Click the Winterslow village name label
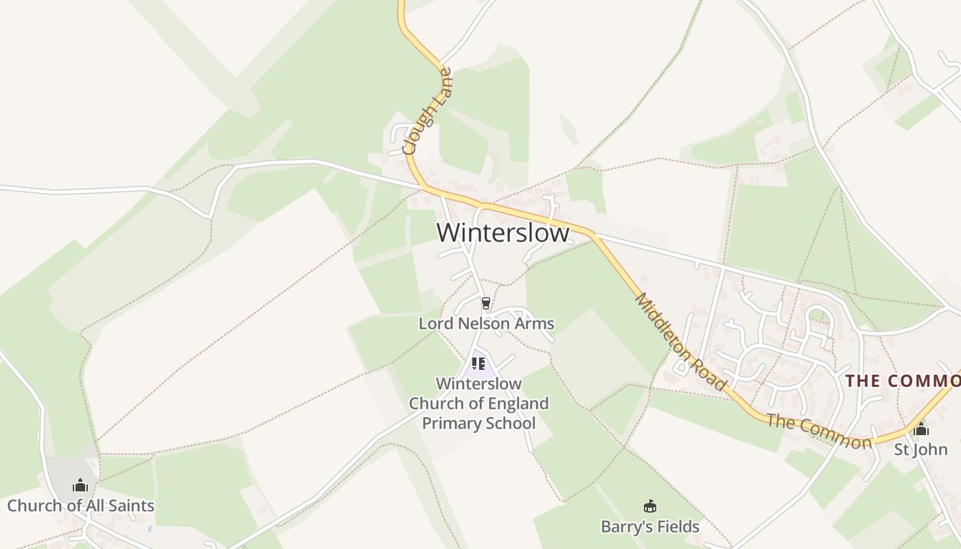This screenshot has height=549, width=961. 502,233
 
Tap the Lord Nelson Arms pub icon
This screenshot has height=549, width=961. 486,303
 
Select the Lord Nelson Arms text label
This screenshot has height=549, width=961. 486,323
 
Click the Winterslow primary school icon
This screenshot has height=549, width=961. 478,363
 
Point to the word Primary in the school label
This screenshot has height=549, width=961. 450,423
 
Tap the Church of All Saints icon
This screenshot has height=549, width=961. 80,485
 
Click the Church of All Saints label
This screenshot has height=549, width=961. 80,506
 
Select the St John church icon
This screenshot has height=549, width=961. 921,429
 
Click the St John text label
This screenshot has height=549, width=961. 921,450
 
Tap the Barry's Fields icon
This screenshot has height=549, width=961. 649,506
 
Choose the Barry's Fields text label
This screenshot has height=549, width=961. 649,527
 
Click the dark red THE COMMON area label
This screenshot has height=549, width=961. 903,382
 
